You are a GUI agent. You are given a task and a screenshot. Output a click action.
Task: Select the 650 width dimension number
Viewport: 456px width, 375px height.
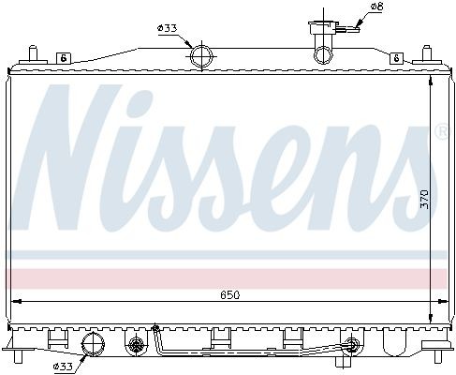231,296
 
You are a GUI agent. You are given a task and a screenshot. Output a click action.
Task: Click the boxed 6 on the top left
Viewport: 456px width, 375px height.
64,58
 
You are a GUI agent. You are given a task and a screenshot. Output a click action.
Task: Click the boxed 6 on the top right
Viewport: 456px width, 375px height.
397,58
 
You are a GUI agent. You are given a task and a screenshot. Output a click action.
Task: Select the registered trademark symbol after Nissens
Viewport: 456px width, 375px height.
439,133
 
